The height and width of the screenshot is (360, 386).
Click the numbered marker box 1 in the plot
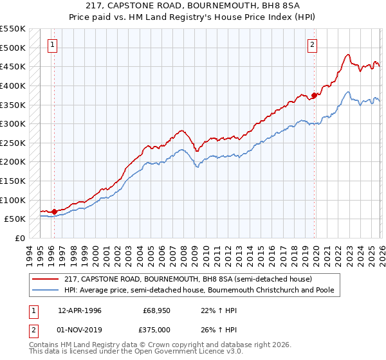point(52,44)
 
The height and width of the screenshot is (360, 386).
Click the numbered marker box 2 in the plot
point(312,44)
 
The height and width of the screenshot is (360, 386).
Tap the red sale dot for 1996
point(54,212)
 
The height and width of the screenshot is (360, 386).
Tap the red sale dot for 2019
point(315,95)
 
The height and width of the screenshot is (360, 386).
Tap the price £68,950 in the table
point(157,310)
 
